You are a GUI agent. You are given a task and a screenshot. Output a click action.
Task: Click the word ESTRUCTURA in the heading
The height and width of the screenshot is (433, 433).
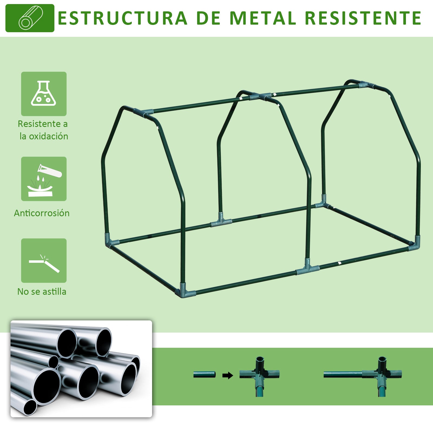(122, 18)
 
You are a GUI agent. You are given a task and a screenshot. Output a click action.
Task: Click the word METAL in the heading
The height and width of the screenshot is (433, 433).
(263, 18)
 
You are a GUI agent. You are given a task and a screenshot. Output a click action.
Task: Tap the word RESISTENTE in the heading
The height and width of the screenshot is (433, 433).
(363, 18)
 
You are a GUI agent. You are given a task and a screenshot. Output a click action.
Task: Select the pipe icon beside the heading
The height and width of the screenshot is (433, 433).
(30, 18)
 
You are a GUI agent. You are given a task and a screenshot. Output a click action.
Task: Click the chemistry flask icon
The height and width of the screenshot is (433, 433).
(44, 94)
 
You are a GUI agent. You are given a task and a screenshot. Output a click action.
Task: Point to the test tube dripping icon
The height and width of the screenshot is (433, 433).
(44, 179)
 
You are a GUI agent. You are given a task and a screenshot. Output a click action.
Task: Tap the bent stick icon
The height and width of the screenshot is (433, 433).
(44, 261)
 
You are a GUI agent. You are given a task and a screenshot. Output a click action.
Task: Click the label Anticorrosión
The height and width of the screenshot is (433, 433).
(42, 213)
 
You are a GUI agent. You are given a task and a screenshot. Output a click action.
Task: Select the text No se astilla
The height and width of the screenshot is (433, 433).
(42, 292)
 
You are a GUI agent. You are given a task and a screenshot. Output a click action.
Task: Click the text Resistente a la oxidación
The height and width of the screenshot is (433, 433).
(43, 130)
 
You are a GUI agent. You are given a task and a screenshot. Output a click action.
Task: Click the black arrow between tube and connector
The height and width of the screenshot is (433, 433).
(228, 375)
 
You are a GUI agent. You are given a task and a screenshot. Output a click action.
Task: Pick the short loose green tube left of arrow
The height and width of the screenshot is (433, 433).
(204, 375)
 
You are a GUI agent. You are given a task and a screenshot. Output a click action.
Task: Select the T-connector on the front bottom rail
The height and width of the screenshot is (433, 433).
(307, 268)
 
